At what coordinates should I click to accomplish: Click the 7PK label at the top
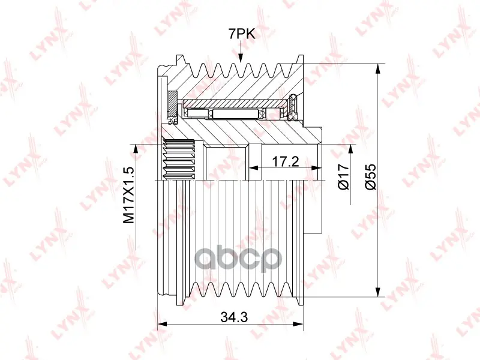[242, 34]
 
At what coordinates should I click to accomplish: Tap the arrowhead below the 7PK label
[241, 57]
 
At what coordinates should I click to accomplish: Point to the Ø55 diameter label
[370, 176]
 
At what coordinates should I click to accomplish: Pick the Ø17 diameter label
[343, 176]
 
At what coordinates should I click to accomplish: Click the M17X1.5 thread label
[128, 195]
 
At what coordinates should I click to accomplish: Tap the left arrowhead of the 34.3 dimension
[161, 324]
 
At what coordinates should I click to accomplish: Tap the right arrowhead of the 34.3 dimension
[298, 324]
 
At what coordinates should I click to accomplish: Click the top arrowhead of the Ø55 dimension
[379, 68]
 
